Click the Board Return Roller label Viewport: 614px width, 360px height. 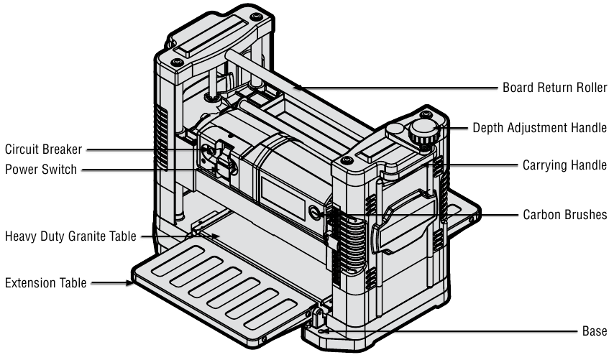[554, 88]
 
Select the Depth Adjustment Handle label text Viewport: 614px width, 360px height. [540, 128]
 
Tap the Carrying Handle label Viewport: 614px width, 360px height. [564, 165]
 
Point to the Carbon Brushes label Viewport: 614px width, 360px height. [565, 214]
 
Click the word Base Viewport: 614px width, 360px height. [595, 331]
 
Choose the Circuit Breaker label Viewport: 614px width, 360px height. [44, 149]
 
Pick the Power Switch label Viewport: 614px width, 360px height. [40, 170]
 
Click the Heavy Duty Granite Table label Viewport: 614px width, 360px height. [70, 236]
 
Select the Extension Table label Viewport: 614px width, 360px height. [46, 282]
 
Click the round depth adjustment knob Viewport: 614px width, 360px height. [423, 131]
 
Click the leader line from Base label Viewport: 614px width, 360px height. [467, 332]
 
